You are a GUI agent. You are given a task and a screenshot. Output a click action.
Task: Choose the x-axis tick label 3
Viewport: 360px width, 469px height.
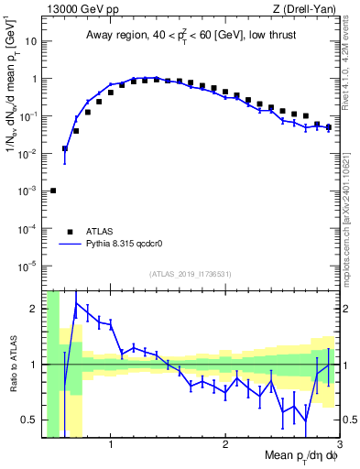339,443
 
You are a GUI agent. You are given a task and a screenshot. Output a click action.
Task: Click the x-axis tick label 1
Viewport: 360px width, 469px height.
111,443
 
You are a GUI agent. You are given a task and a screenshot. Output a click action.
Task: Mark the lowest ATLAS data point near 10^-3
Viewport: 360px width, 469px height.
53,191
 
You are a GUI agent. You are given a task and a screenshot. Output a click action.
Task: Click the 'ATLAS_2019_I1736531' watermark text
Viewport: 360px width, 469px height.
190,275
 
